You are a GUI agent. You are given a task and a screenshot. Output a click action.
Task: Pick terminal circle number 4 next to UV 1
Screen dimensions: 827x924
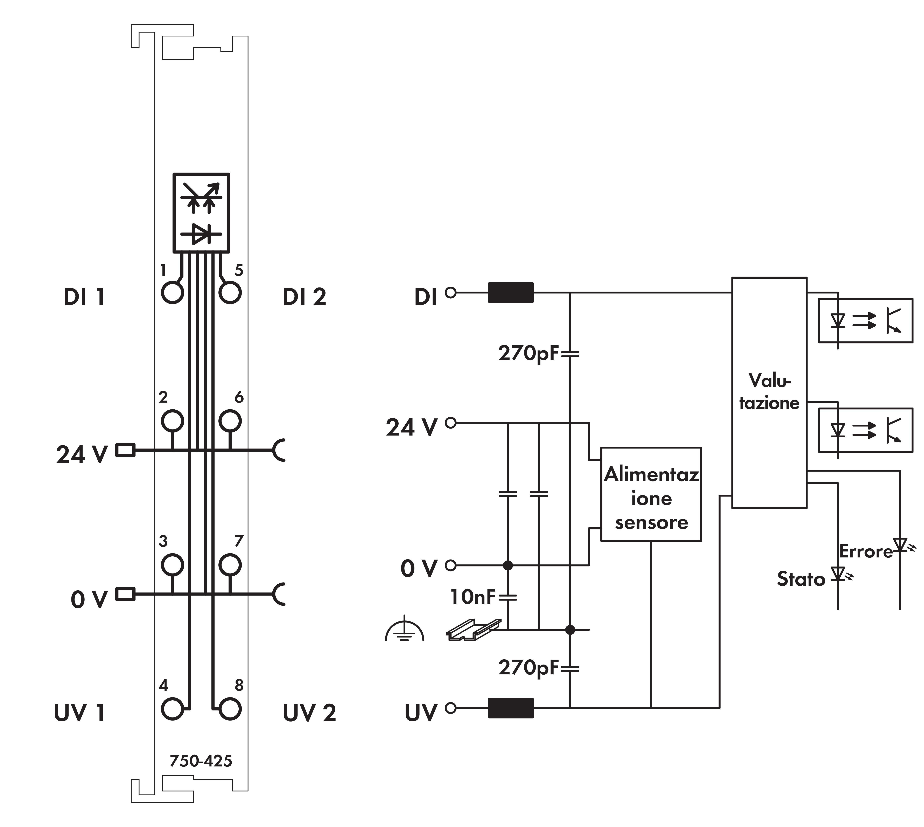click(173, 708)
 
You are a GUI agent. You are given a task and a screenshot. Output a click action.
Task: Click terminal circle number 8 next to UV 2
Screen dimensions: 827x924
click(230, 708)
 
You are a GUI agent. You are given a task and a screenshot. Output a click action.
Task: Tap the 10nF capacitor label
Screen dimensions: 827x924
click(472, 597)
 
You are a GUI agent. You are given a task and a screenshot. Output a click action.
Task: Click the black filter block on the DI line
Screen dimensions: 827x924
click(511, 293)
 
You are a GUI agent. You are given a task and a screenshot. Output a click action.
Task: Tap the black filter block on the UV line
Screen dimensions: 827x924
click(511, 708)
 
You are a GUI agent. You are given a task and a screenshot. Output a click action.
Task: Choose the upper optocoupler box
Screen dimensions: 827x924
click(865, 320)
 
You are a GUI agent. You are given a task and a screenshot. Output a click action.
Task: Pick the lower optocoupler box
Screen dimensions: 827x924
click(865, 430)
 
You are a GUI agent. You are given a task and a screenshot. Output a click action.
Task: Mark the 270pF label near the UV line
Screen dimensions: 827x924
click(528, 667)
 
